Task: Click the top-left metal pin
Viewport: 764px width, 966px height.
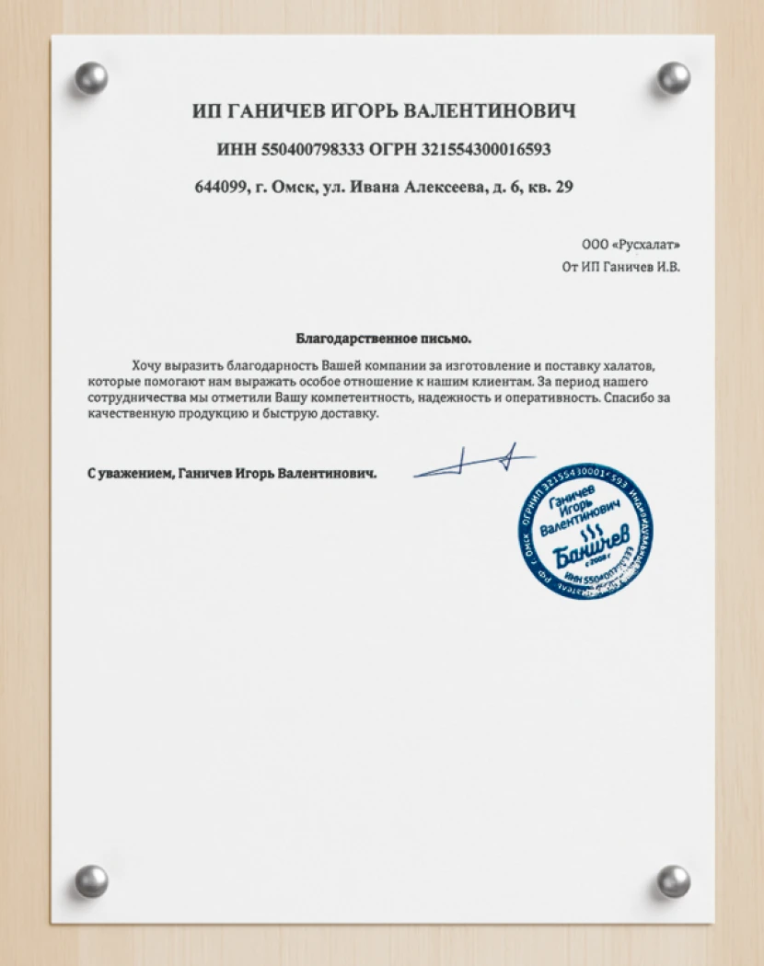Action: [91, 77]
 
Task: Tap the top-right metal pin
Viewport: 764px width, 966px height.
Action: [673, 77]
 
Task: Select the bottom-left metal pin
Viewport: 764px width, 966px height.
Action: [91, 880]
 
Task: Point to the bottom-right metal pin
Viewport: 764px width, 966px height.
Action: [673, 880]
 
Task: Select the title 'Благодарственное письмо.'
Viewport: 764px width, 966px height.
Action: [383, 338]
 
